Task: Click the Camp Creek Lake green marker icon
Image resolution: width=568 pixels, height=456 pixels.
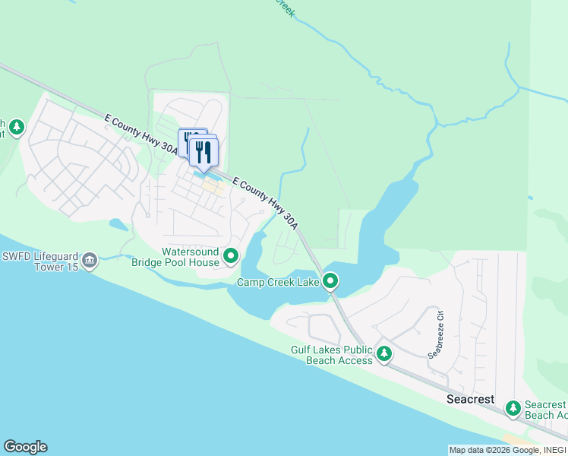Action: (330, 282)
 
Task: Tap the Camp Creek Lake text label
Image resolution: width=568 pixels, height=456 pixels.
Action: (278, 283)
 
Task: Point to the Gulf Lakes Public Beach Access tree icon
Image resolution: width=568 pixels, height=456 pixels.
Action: (385, 353)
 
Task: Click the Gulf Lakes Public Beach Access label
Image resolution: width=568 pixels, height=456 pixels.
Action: (332, 355)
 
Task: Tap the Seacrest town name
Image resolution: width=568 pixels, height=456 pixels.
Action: (470, 399)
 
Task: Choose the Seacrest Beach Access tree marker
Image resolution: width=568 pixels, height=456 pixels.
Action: (513, 409)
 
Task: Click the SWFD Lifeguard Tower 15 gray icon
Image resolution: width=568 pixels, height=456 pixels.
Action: (90, 261)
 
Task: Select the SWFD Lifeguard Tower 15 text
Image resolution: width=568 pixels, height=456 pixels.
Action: (39, 261)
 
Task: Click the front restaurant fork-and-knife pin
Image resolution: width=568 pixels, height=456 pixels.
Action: (204, 152)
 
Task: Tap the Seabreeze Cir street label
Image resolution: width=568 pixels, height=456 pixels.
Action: (434, 333)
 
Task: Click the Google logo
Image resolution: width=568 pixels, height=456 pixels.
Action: (25, 447)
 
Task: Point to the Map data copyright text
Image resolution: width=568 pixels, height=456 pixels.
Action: (507, 450)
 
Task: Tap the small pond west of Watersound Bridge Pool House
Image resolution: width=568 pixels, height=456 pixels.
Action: (118, 224)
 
